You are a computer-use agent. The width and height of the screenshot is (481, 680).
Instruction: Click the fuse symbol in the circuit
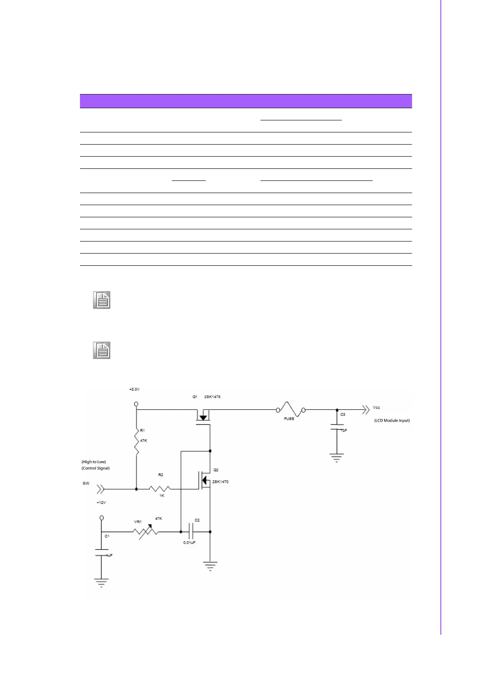click(x=290, y=409)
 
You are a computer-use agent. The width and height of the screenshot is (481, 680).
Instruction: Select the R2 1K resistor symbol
click(x=160, y=489)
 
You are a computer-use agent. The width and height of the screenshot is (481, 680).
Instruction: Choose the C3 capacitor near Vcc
click(x=337, y=427)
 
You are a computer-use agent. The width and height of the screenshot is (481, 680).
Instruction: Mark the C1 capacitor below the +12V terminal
click(x=101, y=552)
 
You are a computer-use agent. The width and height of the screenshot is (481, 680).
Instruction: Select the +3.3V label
click(x=134, y=389)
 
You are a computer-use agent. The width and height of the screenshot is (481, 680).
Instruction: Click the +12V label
click(x=101, y=503)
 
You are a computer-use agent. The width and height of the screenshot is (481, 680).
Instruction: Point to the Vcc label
click(x=376, y=407)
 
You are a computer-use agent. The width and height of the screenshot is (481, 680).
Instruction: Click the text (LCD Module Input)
click(x=392, y=420)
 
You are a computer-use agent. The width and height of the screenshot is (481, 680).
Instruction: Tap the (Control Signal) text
click(x=96, y=468)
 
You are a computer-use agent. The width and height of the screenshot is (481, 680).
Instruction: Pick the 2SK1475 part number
click(x=212, y=397)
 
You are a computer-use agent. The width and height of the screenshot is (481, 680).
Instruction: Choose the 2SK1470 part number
click(x=221, y=482)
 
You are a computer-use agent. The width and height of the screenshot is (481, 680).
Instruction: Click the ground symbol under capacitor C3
click(x=337, y=458)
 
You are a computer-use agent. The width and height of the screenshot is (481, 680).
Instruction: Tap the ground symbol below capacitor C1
click(x=101, y=583)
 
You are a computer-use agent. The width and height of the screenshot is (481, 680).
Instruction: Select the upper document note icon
click(x=102, y=300)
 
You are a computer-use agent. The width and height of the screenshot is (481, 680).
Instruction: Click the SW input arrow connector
click(x=100, y=489)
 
